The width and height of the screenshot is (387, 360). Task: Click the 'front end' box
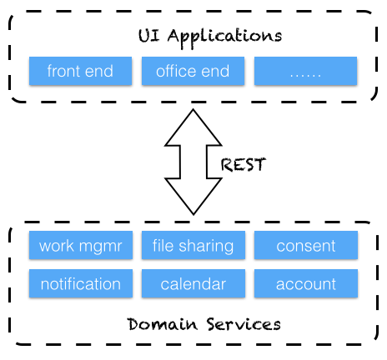point(80,71)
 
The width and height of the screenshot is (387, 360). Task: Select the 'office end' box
point(193,71)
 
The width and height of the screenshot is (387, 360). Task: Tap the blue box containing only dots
point(305,71)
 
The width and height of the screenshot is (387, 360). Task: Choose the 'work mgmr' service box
point(81,245)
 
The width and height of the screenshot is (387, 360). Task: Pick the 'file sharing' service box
point(193,245)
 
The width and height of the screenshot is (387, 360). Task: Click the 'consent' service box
point(306,245)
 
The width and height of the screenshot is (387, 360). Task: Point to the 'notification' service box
point(81,283)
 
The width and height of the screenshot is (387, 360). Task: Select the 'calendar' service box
point(193,283)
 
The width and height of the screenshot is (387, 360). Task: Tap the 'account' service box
point(306,283)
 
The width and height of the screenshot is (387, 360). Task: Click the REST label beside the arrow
point(244,164)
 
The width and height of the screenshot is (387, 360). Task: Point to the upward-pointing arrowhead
point(193,127)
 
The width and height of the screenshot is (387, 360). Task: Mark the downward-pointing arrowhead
point(193,197)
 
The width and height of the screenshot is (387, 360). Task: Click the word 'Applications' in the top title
point(224,37)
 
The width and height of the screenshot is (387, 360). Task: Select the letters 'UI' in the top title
point(149,36)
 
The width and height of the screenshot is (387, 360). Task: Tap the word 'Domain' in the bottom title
point(163,324)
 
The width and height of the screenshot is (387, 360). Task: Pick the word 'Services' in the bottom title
point(244,324)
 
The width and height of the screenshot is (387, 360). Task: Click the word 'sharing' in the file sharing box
point(206,247)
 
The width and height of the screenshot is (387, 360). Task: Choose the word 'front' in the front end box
point(64,71)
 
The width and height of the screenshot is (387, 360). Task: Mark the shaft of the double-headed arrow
point(193,162)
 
